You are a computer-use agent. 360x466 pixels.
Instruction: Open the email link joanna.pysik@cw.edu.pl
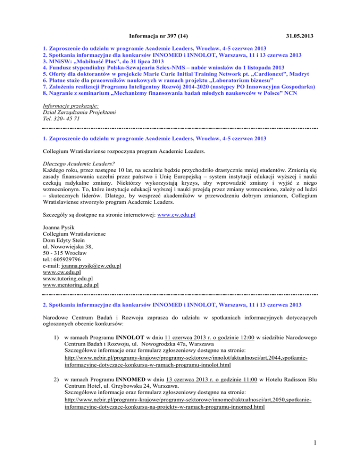tap(94, 265)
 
